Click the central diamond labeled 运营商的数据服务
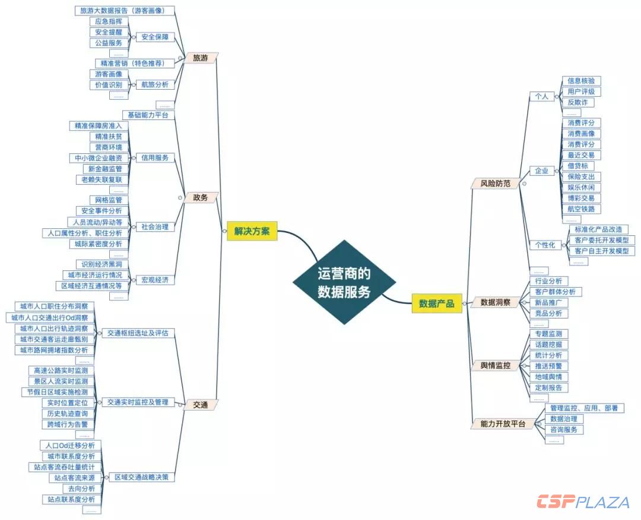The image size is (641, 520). click(344, 282)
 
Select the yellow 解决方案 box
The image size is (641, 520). click(252, 232)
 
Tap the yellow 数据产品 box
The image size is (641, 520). click(436, 304)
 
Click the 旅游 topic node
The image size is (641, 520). click(200, 58)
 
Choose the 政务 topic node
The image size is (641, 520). click(200, 197)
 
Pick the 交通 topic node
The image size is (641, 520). click(200, 405)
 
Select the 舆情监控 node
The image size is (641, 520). click(495, 365)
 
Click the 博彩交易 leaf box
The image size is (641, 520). click(580, 198)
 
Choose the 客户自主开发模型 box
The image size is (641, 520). click(601, 251)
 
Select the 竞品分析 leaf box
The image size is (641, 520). click(548, 313)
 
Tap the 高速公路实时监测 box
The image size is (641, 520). click(61, 370)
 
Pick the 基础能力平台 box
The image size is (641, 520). click(148, 115)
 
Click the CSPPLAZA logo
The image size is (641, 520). click(583, 502)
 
